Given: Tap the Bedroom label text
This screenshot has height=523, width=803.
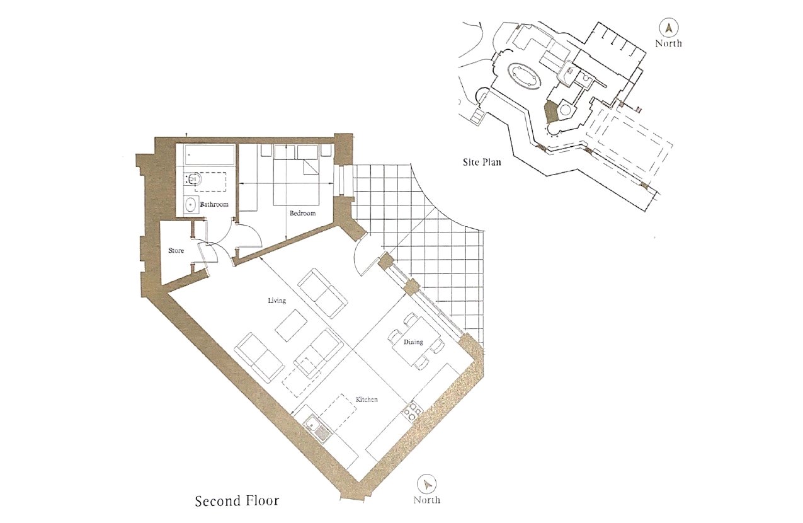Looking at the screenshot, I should pyautogui.click(x=302, y=213).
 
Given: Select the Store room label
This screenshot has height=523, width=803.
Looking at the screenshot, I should pyautogui.click(x=176, y=251).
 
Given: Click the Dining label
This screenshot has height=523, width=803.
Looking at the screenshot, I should pyautogui.click(x=414, y=342).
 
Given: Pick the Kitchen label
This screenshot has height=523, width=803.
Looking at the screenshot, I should pyautogui.click(x=367, y=400).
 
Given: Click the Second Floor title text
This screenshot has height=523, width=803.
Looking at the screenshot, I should pyautogui.click(x=237, y=502).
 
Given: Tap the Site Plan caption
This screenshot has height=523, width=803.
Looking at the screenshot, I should pyautogui.click(x=482, y=163).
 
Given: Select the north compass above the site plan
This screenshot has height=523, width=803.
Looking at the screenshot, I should pyautogui.click(x=669, y=28).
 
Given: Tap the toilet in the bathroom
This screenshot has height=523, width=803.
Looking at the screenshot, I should pyautogui.click(x=194, y=180).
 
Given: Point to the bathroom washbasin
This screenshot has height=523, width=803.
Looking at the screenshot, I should pyautogui.click(x=191, y=205).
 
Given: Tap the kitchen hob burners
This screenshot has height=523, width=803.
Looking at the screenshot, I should pyautogui.click(x=412, y=410).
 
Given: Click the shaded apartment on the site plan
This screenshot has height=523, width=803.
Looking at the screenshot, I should pyautogui.click(x=551, y=113).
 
